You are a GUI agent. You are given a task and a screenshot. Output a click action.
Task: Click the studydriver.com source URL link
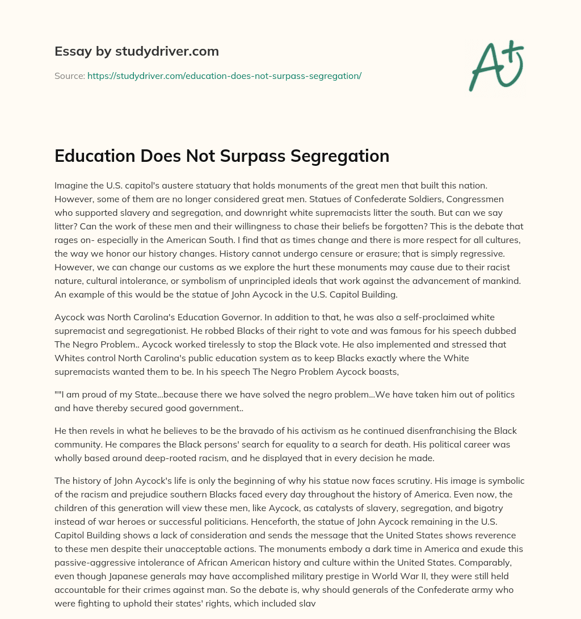coord(224,76)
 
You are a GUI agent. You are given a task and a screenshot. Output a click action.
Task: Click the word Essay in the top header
coord(68,51)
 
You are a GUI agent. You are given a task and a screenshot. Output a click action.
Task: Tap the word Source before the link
coord(69,76)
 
